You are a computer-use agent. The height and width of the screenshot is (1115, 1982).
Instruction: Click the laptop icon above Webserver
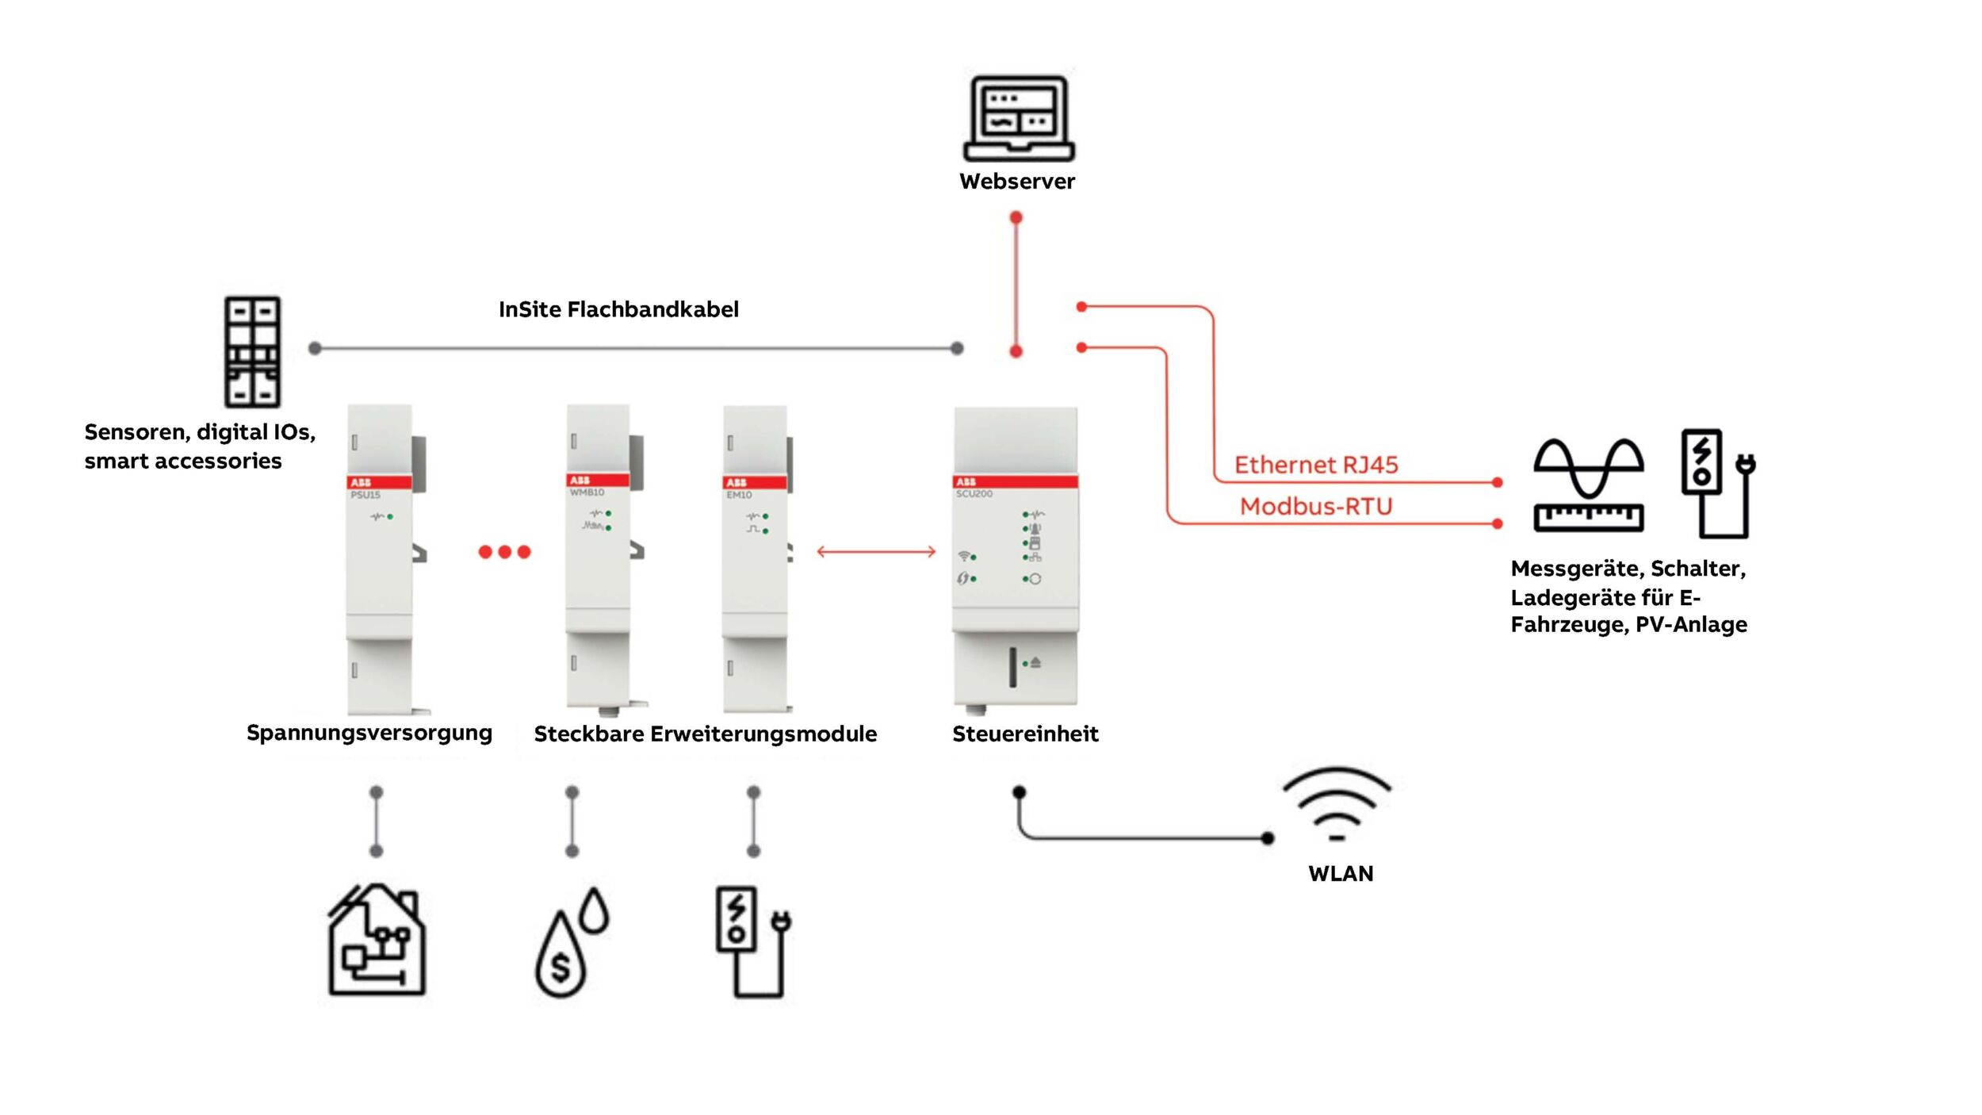[1018, 118]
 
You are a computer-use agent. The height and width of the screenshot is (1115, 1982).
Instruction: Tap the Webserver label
[1017, 182]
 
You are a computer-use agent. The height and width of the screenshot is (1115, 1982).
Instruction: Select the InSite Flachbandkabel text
[618, 309]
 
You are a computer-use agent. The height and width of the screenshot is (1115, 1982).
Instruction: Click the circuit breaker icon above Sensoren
[252, 351]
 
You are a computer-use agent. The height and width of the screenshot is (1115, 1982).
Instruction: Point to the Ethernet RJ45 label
[1316, 465]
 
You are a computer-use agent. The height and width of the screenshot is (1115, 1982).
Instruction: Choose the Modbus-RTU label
[1316, 506]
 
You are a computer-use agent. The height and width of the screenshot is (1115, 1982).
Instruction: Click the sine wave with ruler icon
[1588, 485]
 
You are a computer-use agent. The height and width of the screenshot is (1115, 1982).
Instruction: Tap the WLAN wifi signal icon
[1337, 804]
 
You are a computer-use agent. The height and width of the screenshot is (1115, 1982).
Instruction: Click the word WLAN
[1341, 874]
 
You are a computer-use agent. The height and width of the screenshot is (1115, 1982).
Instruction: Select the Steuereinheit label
[1025, 734]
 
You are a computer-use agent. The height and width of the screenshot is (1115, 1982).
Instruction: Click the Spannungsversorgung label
[369, 733]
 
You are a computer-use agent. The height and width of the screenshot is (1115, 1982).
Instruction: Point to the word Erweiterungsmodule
[763, 734]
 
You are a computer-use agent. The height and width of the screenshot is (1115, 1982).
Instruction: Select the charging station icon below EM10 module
[752, 941]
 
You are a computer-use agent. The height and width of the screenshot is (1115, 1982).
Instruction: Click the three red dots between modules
[504, 552]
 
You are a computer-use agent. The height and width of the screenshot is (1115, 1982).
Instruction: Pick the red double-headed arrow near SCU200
[876, 552]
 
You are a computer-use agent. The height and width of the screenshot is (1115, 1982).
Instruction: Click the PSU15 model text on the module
[365, 495]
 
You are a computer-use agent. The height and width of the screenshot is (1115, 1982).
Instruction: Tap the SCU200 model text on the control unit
[974, 494]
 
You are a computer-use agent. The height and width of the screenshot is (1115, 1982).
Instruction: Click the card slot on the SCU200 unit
[1012, 667]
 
